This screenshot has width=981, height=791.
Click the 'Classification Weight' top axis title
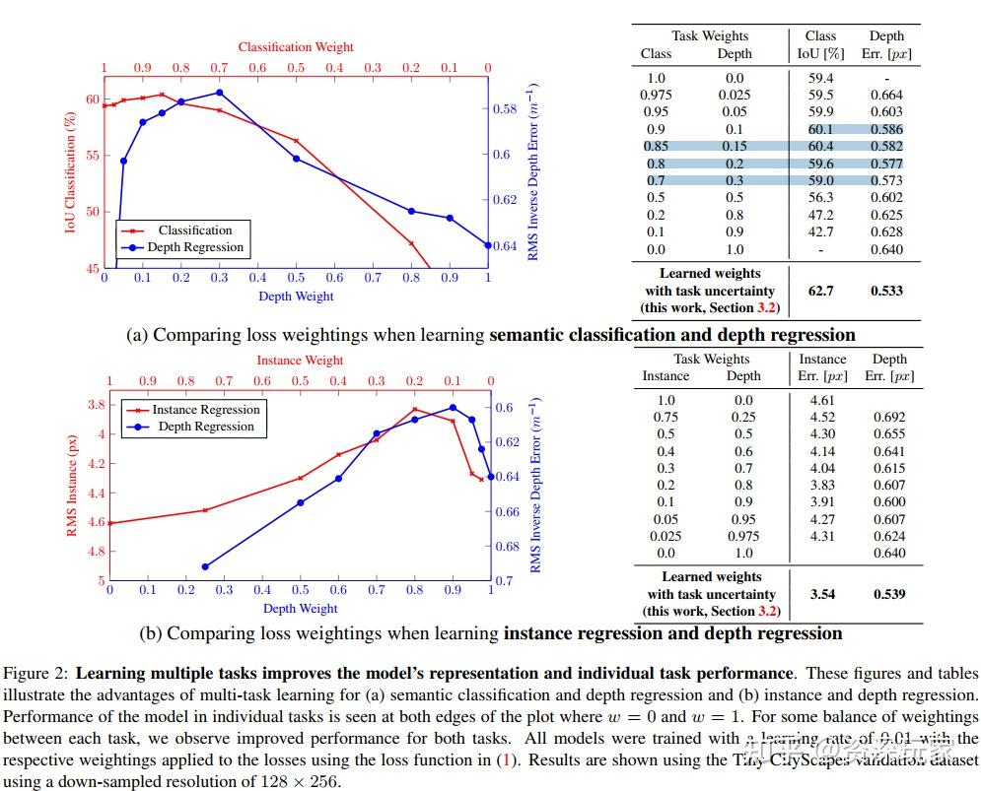click(x=296, y=46)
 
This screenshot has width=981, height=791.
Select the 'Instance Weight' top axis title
click(x=300, y=361)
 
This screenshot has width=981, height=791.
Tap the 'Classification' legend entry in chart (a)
click(x=195, y=231)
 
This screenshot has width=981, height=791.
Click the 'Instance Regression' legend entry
click(x=205, y=410)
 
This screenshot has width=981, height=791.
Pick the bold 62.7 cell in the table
click(x=820, y=291)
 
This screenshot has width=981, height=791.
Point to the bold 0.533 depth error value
click(x=886, y=291)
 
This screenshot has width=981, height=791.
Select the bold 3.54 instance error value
click(x=822, y=594)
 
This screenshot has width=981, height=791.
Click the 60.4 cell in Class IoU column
click(x=820, y=147)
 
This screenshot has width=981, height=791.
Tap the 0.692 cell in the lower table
click(x=888, y=417)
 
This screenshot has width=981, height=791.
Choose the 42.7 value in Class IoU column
click(x=820, y=231)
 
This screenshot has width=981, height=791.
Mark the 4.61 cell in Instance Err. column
click(x=822, y=400)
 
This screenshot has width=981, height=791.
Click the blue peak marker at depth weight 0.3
click(x=219, y=93)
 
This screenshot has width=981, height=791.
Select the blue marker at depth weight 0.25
click(x=205, y=566)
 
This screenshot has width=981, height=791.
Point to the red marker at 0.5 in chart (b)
click(x=301, y=478)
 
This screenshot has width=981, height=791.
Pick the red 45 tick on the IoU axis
click(x=92, y=268)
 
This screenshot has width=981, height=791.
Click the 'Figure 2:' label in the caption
click(x=37, y=674)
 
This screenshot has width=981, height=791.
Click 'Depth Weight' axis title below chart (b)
click(x=300, y=608)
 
